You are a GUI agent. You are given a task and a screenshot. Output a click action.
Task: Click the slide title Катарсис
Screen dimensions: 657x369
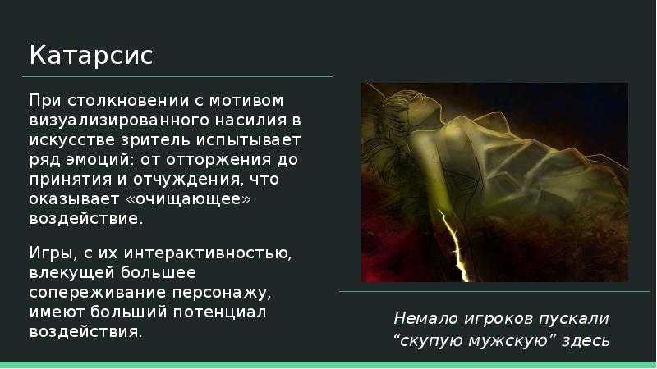pyautogui.click(x=91, y=56)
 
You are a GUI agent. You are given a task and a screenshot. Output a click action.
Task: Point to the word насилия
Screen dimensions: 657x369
pyautogui.click(x=250, y=121)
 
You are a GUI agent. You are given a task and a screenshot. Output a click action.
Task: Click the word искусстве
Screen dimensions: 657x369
pyautogui.click(x=72, y=140)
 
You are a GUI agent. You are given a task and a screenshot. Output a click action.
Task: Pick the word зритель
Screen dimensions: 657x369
pyautogui.click(x=155, y=140)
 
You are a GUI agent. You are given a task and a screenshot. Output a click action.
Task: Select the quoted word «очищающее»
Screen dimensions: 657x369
pyautogui.click(x=189, y=199)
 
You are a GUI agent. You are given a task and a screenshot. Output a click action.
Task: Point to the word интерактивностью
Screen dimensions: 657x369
pyautogui.click(x=208, y=253)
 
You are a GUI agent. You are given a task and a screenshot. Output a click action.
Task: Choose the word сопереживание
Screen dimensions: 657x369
pyautogui.click(x=98, y=293)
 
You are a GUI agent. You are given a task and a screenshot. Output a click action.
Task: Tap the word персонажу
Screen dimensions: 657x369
pyautogui.click(x=222, y=293)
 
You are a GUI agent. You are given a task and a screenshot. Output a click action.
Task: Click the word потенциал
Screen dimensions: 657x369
pyautogui.click(x=219, y=312)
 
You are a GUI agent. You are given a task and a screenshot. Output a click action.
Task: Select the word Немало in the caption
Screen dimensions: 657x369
pyautogui.click(x=426, y=319)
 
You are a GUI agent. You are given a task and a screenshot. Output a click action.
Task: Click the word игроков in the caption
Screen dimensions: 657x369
pyautogui.click(x=498, y=319)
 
